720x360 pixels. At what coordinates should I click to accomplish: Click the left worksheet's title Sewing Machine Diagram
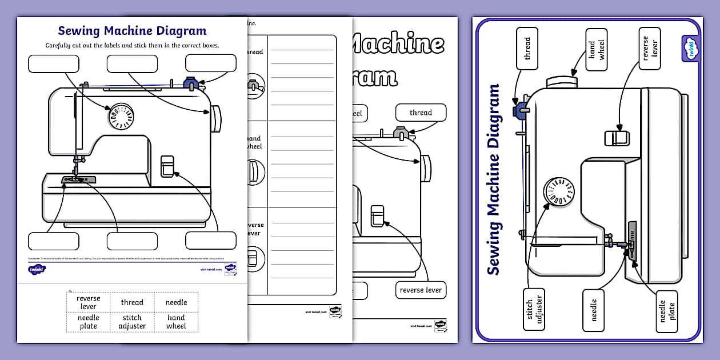click(132, 31)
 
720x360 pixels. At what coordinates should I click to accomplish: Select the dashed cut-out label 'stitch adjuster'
click(132, 322)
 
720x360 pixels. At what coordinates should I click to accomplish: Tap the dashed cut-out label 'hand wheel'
click(176, 322)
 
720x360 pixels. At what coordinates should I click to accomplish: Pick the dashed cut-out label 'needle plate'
click(88, 322)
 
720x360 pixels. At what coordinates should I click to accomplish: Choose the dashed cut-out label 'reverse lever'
click(88, 302)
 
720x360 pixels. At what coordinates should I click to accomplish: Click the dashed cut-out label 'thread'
click(132, 302)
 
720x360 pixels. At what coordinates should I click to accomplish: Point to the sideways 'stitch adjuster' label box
click(534, 309)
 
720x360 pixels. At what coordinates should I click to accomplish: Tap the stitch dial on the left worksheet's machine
click(121, 116)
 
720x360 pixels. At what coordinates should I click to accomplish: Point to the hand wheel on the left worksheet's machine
click(215, 119)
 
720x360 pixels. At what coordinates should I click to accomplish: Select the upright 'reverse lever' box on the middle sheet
click(421, 290)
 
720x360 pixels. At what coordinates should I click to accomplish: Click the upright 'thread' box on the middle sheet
click(421, 113)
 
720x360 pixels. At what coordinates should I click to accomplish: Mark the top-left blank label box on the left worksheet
click(54, 63)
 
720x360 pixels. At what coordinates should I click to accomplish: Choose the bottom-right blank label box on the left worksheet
click(210, 241)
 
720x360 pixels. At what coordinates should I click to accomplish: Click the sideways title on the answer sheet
click(494, 179)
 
